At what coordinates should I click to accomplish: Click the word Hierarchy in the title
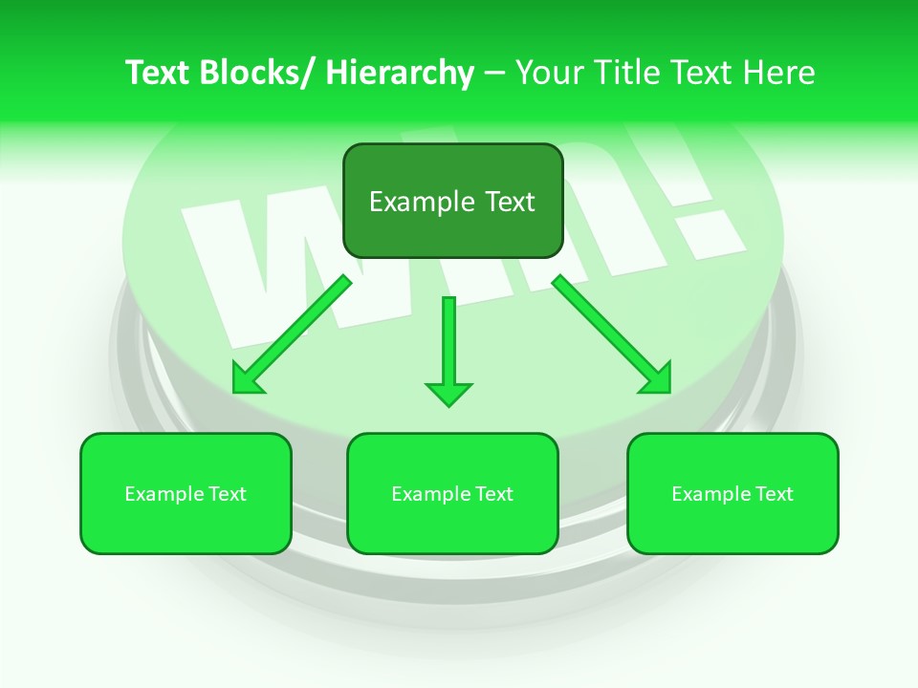[x=400, y=73]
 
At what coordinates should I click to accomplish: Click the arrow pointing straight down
[x=448, y=344]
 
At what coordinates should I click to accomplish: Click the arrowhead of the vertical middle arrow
[x=448, y=394]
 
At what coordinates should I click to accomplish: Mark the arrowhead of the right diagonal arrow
[x=658, y=379]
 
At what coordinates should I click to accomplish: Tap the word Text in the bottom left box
[x=228, y=494]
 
